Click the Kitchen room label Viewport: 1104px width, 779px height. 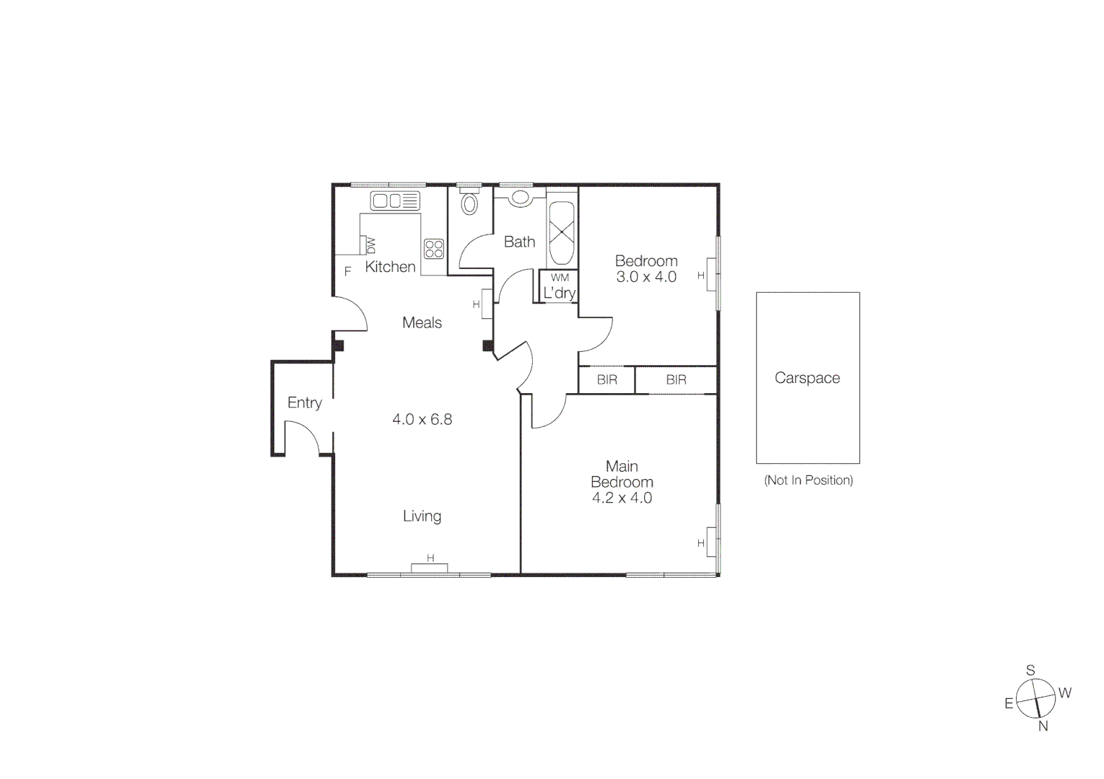click(390, 267)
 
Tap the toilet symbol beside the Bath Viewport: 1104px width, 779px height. click(469, 203)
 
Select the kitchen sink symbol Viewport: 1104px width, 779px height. click(395, 201)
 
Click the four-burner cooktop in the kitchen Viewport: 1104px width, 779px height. click(434, 249)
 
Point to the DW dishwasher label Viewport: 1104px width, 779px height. click(371, 245)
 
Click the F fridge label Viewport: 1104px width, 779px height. click(347, 272)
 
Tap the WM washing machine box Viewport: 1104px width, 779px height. click(560, 278)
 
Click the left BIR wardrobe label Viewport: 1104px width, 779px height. click(607, 379)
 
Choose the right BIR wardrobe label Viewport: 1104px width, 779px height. click(676, 379)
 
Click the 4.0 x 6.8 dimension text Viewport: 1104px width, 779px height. click(422, 419)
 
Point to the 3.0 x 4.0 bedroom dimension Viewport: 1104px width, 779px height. click(646, 277)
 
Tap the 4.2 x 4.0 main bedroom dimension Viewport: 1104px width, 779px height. click(622, 498)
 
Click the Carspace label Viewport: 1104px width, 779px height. click(807, 378)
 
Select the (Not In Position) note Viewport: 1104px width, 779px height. click(808, 480)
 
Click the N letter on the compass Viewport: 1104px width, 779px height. click(1043, 726)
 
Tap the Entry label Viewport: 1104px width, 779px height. click(304, 402)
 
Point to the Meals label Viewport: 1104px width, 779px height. click(422, 322)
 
